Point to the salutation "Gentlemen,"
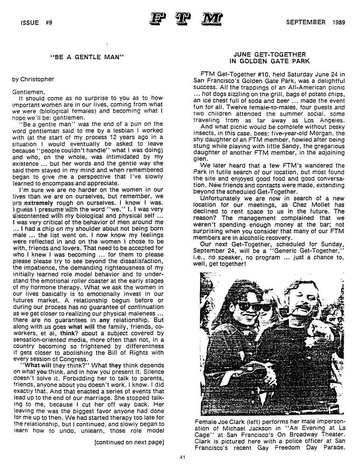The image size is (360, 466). [x=29, y=92]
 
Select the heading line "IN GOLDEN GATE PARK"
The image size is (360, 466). [x=266, y=61]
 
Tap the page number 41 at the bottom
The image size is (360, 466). [x=183, y=457]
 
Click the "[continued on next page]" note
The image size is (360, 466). [x=129, y=441]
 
